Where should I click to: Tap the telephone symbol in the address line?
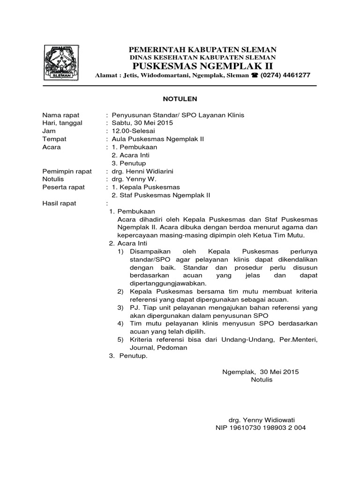pyautogui.click(x=255, y=75)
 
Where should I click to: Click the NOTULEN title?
pyautogui.click(x=180, y=99)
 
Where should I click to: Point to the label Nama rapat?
pyautogui.click(x=61, y=115)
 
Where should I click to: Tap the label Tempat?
pyautogui.click(x=54, y=139)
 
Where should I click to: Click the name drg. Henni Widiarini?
pyautogui.click(x=142, y=171)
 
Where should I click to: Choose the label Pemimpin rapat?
pyautogui.click(x=67, y=171)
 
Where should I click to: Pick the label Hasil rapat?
pyautogui.click(x=59, y=203)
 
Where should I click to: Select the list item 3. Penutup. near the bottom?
pyautogui.click(x=128, y=356)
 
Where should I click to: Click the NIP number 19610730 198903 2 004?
pyautogui.click(x=261, y=427)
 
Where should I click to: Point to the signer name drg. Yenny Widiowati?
pyautogui.click(x=261, y=420)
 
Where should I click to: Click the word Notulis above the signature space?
pyautogui.click(x=262, y=380)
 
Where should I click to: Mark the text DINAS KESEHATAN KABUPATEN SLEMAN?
pyautogui.click(x=202, y=57)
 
